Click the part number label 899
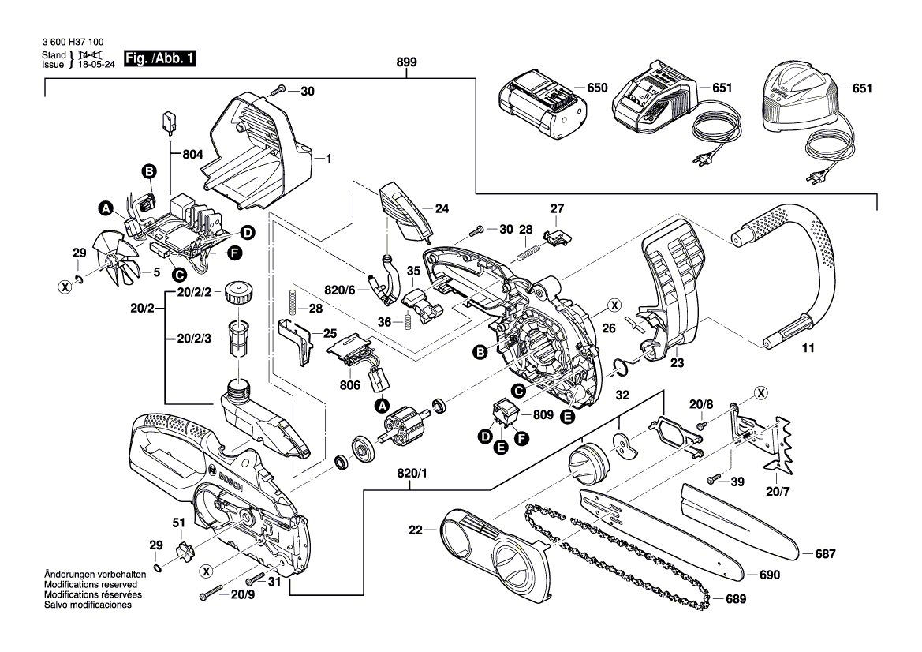(x=407, y=63)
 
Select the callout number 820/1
(x=410, y=474)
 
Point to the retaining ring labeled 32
(x=623, y=365)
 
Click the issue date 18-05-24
(x=95, y=65)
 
